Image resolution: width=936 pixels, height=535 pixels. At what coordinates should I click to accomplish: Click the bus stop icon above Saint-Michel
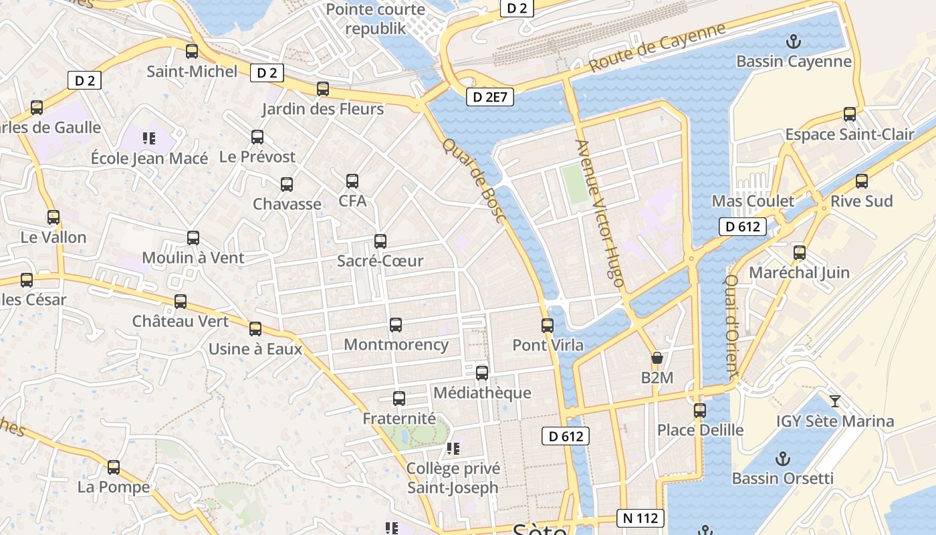click(192, 51)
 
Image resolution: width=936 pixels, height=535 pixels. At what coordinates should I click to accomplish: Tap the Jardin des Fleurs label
click(323, 109)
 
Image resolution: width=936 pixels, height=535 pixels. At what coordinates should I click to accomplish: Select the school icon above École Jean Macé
click(149, 138)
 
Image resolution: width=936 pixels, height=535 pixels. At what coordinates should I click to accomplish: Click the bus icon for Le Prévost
click(257, 137)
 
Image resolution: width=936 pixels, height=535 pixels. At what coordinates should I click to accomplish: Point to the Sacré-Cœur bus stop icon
click(380, 241)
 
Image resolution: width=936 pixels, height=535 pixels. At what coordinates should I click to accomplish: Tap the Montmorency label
click(396, 345)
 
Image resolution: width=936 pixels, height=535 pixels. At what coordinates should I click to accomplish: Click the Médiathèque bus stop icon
click(482, 373)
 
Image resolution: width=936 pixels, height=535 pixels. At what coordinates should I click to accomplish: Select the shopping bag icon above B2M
click(657, 358)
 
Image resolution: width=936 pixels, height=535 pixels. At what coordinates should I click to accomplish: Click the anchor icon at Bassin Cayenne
click(794, 41)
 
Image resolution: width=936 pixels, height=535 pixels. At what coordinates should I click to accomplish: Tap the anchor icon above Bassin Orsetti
click(782, 459)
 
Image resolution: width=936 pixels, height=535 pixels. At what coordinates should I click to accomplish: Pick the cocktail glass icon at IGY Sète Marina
click(835, 401)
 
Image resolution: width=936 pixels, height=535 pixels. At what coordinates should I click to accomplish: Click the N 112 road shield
click(640, 518)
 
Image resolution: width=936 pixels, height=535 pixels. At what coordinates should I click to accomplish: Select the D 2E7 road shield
click(490, 97)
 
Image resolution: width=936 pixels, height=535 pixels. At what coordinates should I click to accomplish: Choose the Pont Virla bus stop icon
click(548, 326)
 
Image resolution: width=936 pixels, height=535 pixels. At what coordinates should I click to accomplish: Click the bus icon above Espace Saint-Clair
click(850, 114)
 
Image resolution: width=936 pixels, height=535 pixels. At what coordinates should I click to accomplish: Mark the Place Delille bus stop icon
click(700, 410)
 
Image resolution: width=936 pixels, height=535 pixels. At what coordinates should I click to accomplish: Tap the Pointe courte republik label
click(376, 19)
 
